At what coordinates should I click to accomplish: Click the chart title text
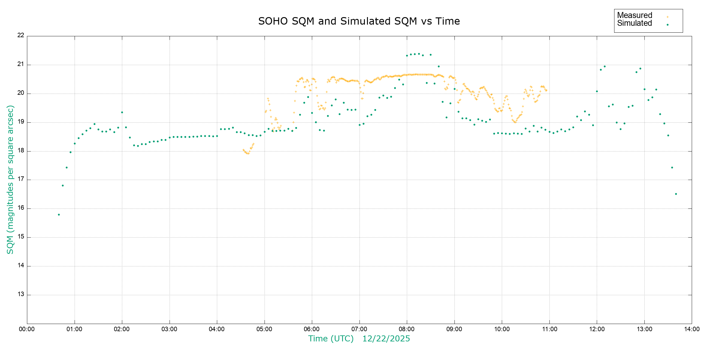pyautogui.click(x=359, y=21)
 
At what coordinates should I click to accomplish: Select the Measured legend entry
pyautogui.click(x=635, y=15)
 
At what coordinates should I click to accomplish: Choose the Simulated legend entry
pyautogui.click(x=635, y=23)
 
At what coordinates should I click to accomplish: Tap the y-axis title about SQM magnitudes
pyautogui.click(x=10, y=179)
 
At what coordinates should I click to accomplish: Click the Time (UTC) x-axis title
pyautogui.click(x=331, y=339)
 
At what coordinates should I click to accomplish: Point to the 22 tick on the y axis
pyautogui.click(x=21, y=35)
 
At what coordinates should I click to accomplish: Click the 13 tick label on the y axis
pyautogui.click(x=21, y=294)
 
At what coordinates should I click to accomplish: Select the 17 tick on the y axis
pyautogui.click(x=21, y=179)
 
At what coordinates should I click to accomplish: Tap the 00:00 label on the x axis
pyautogui.click(x=27, y=329)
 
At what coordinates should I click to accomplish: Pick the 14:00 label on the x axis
pyautogui.click(x=691, y=329)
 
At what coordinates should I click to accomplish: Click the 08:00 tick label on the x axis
pyautogui.click(x=407, y=329)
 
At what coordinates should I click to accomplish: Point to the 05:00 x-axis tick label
pyautogui.click(x=264, y=329)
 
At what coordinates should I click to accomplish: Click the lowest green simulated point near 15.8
pyautogui.click(x=59, y=215)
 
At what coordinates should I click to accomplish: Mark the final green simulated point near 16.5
pyautogui.click(x=676, y=194)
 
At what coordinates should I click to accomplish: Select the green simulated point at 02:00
pyautogui.click(x=122, y=112)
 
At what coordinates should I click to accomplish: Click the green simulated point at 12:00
pyautogui.click(x=597, y=91)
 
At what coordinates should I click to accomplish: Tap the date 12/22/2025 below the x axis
pyautogui.click(x=386, y=339)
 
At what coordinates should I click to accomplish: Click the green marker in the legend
pyautogui.click(x=667, y=25)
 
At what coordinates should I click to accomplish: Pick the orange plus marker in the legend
pyautogui.click(x=667, y=17)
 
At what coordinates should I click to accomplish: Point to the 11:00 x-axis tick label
pyautogui.click(x=549, y=329)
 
